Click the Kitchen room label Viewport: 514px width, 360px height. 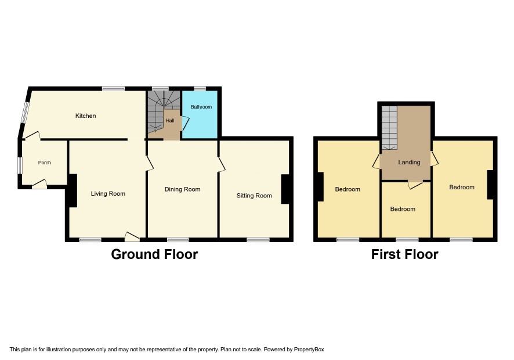85,116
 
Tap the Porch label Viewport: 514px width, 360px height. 45,163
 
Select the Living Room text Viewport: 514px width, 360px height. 108,193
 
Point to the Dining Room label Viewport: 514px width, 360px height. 182,189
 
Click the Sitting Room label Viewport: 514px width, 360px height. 254,196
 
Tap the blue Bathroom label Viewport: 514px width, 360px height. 201,107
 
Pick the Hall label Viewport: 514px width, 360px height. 170,120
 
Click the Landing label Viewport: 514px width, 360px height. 409,162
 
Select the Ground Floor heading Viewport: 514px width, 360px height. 154,254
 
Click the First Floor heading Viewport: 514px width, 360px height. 404,254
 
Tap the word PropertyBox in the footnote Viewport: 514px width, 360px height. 309,350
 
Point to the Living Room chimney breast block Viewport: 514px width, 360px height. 73,190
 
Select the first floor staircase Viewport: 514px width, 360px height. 389,127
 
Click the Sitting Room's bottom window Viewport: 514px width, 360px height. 258,240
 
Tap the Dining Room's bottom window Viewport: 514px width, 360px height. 178,240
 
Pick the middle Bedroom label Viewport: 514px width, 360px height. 403,209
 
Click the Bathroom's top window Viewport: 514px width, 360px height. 200,88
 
